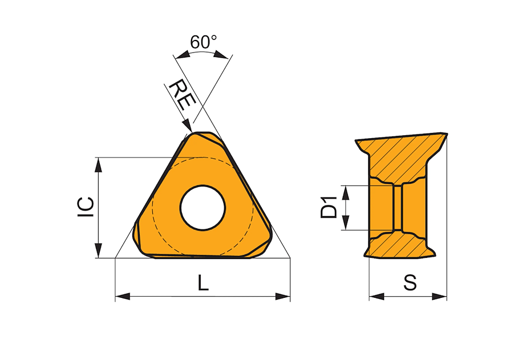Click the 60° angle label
click(x=203, y=42)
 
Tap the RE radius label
click(x=183, y=95)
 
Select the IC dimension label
click(x=86, y=207)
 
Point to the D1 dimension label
click(x=329, y=208)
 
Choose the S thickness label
click(x=410, y=282)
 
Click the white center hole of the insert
click(x=203, y=208)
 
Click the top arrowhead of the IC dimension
click(x=98, y=165)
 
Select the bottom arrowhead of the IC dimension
click(x=98, y=250)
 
